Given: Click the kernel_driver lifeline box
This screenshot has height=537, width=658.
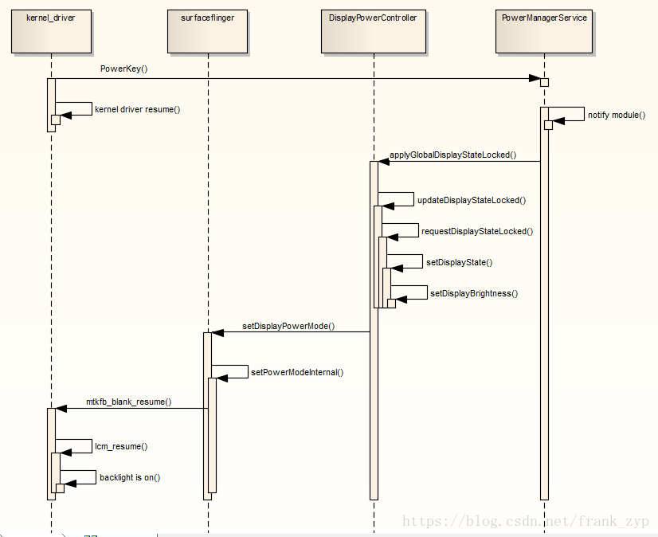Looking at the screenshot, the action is click(51, 32).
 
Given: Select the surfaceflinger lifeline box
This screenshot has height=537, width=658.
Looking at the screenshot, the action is click(207, 32).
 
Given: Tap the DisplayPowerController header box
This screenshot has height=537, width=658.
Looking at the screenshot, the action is click(374, 32).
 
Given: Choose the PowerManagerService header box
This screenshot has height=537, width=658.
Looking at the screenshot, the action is click(544, 32).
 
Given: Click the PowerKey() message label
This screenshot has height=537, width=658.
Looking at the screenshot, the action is click(123, 69).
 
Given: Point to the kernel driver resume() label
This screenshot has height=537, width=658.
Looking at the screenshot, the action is click(138, 110).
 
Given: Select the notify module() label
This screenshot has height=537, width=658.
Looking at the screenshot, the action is click(617, 115).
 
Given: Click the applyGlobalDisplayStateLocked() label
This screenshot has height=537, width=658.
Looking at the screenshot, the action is click(452, 155).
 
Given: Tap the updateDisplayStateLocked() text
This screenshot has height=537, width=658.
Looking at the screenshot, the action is click(472, 200).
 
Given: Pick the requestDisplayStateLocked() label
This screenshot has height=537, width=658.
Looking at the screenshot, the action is click(477, 231).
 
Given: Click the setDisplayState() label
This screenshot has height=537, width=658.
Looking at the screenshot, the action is click(459, 262).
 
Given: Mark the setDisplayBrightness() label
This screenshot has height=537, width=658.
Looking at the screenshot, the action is click(474, 293).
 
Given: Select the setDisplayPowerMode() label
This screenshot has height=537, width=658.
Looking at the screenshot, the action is click(288, 326).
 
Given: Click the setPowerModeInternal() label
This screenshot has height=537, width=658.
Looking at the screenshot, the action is click(297, 372).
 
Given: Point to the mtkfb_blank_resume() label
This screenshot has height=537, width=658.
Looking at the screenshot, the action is click(129, 402).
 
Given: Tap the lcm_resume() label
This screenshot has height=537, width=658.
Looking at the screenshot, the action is click(121, 446).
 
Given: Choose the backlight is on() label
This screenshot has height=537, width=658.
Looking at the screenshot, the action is click(130, 477).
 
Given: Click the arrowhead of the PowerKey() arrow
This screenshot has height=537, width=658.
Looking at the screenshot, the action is click(535, 79).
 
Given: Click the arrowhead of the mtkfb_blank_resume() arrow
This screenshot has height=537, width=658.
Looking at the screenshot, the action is click(61, 409).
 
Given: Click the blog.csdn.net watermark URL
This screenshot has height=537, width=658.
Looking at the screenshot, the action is click(526, 521).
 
